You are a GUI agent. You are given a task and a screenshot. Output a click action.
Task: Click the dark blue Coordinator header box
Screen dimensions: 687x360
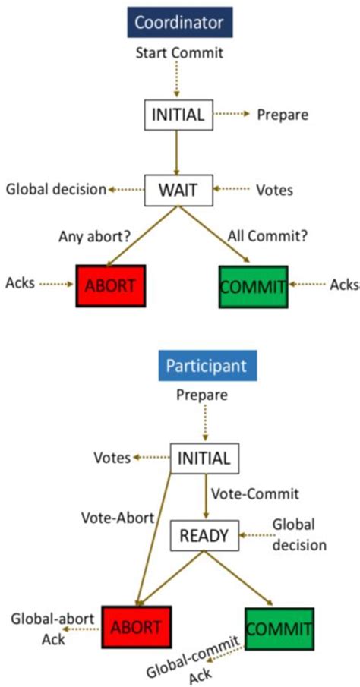(178, 22)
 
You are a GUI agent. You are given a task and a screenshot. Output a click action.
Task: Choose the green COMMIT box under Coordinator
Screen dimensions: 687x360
(253, 285)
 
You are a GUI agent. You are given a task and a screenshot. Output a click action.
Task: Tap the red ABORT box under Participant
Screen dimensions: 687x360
(136, 627)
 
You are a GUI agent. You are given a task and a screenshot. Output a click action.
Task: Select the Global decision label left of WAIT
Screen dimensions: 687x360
(55, 189)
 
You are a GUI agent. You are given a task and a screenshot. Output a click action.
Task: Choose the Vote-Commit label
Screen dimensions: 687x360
(255, 493)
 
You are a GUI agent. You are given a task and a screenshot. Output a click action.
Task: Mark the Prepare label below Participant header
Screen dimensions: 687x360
(204, 395)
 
